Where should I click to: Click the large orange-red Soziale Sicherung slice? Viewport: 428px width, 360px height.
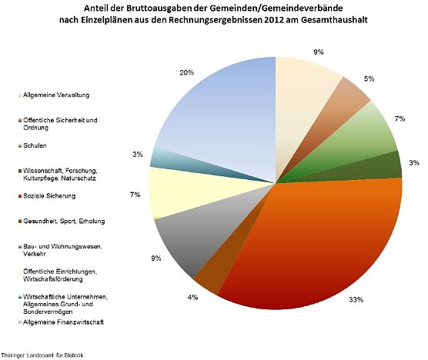(x=308, y=246)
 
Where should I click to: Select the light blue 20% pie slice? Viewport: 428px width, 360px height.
(x=223, y=115)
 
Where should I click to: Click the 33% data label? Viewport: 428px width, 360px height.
(x=356, y=299)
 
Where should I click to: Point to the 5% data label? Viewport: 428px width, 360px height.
(x=369, y=78)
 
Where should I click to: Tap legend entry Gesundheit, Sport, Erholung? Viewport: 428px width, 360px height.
(x=61, y=221)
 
